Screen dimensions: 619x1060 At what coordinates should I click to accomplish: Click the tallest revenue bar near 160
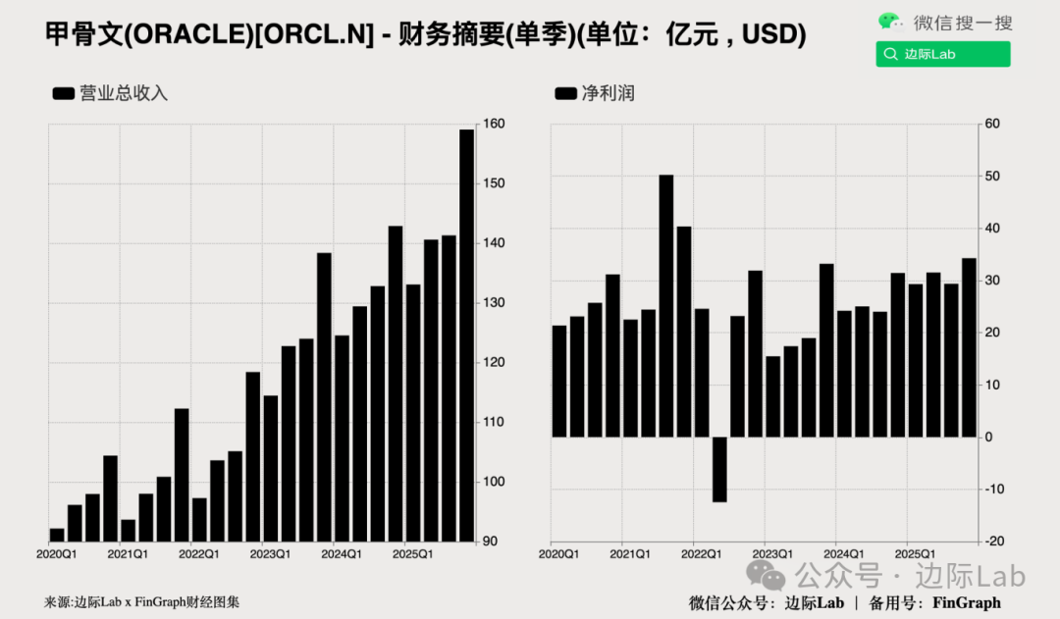(466, 334)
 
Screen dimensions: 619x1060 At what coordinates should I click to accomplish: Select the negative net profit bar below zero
(719, 469)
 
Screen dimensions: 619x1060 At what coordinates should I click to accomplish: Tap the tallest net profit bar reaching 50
(666, 305)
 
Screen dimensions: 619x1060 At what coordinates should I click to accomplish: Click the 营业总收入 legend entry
(111, 93)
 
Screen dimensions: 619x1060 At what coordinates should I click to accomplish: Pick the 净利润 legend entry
(596, 93)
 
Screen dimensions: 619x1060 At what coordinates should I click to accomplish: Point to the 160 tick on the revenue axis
(494, 125)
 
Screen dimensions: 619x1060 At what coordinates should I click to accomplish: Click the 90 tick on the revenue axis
(491, 542)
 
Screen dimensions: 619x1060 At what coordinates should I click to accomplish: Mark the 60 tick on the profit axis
(992, 125)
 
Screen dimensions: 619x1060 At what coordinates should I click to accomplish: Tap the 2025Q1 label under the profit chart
(908, 555)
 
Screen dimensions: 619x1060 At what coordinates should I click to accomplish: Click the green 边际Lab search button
(943, 54)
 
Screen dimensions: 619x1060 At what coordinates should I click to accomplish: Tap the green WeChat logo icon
(890, 22)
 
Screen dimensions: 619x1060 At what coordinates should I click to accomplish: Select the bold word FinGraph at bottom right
(966, 602)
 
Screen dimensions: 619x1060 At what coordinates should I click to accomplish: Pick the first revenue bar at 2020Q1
(57, 535)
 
